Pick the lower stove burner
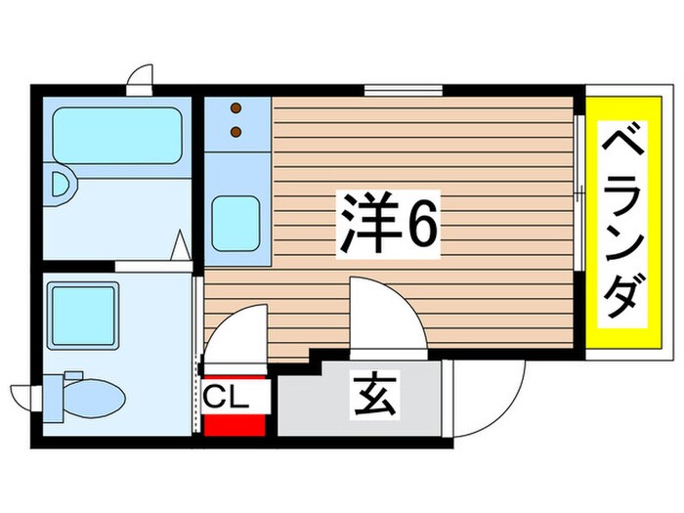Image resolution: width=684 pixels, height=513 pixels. pyautogui.click(x=235, y=130)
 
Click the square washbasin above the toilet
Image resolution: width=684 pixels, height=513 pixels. pyautogui.click(x=83, y=310)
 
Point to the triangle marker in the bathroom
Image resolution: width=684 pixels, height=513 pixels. pyautogui.click(x=181, y=244)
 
